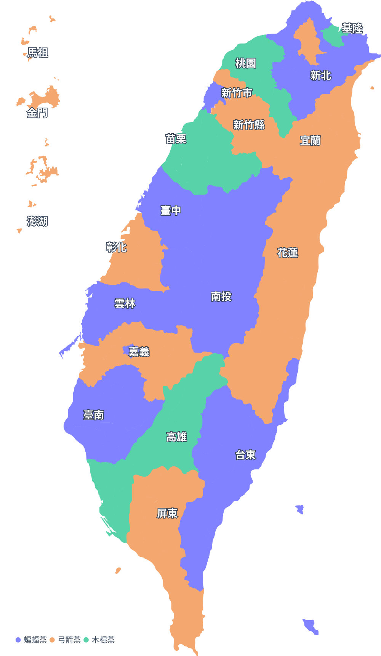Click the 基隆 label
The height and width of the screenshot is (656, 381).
[x=352, y=28]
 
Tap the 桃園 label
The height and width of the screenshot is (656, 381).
[x=245, y=63]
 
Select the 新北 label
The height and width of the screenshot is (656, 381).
[x=321, y=76]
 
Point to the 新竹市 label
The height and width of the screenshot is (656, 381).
[x=237, y=93]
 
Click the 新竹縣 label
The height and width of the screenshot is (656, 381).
[x=249, y=125]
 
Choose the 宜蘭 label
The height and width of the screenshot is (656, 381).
[x=310, y=140]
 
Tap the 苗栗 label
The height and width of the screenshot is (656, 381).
[x=176, y=139]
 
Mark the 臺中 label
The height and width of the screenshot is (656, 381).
[x=171, y=210]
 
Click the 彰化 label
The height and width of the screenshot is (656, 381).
[x=116, y=247]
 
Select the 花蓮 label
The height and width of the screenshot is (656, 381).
[x=288, y=253]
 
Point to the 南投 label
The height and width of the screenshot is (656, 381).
[x=221, y=297]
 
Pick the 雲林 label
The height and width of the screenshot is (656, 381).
[x=125, y=303]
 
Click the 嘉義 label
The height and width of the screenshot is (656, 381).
[x=139, y=351]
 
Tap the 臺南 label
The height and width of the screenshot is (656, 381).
[x=94, y=415]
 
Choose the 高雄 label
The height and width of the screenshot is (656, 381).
[x=176, y=437]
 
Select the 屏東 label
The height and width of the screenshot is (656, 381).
[x=167, y=513]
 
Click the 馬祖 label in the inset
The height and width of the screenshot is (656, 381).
[x=38, y=53]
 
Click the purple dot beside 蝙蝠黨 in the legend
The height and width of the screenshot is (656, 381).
[x=18, y=640]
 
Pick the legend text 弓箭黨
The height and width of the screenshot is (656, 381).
[x=69, y=640]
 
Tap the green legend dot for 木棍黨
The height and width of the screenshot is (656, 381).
[x=86, y=640]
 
